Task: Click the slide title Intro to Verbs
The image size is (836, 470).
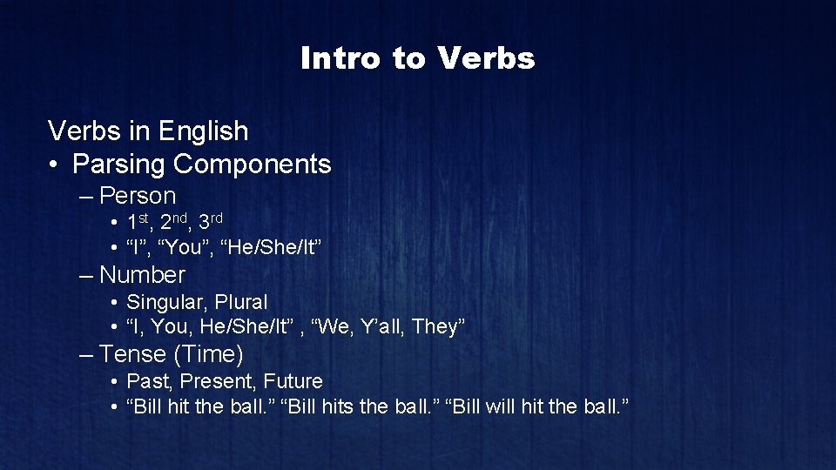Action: tap(417, 58)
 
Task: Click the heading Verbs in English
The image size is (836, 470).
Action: tap(148, 131)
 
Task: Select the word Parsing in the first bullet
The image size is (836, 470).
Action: tap(119, 164)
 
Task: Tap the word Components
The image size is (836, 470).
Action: tap(253, 164)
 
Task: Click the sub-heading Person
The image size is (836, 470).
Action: tap(138, 196)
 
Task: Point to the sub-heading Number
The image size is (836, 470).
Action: tap(142, 275)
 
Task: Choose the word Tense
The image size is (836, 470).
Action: tap(132, 354)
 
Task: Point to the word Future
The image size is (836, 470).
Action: tap(293, 381)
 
